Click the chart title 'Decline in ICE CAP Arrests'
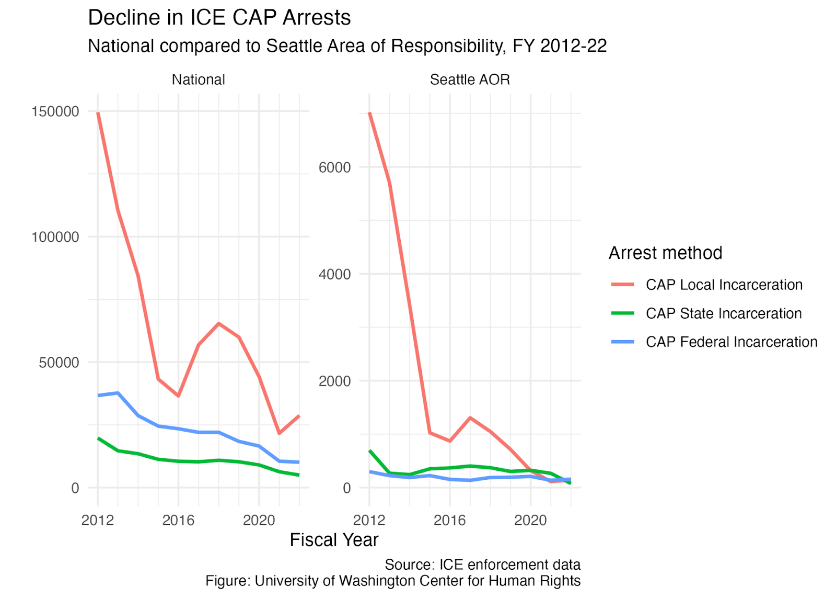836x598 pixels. pyautogui.click(x=219, y=18)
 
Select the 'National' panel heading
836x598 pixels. pyautogui.click(x=198, y=80)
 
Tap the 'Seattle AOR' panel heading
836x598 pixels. pyautogui.click(x=470, y=80)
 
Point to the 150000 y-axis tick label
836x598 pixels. pyautogui.click(x=55, y=111)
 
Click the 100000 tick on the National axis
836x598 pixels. pyautogui.click(x=55, y=237)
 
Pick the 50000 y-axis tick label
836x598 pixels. pyautogui.click(x=59, y=363)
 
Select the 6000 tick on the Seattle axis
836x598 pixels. pyautogui.click(x=335, y=167)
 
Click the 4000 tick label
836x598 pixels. pyautogui.click(x=335, y=274)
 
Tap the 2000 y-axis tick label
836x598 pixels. pyautogui.click(x=335, y=381)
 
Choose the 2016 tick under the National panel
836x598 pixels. pyautogui.click(x=178, y=520)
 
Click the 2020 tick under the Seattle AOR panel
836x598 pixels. pyautogui.click(x=530, y=520)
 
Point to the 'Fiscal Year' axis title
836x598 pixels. pyautogui.click(x=334, y=540)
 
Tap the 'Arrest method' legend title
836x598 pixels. pyautogui.click(x=666, y=253)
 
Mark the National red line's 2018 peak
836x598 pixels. pyautogui.click(x=219, y=323)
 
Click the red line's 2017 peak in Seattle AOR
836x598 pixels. pyautogui.click(x=470, y=418)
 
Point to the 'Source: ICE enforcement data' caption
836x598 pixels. pyautogui.click(x=483, y=565)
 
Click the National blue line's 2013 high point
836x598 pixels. pyautogui.click(x=118, y=393)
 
